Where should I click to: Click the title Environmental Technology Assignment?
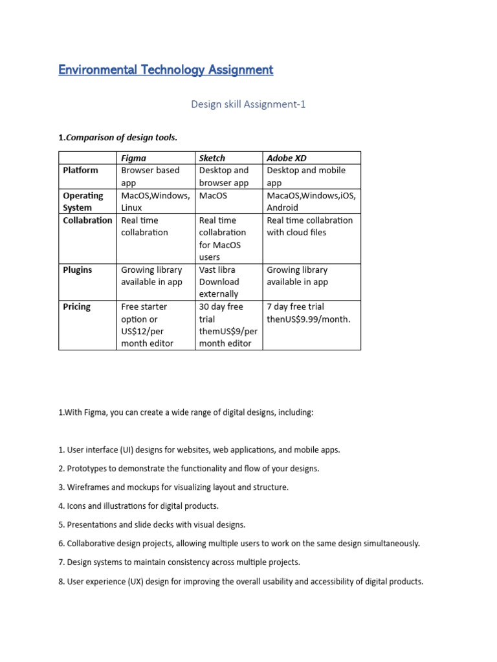(x=166, y=70)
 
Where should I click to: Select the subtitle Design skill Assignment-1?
(x=248, y=104)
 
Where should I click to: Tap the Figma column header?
(x=134, y=158)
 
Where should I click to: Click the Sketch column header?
(x=212, y=158)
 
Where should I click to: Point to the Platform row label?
(x=80, y=170)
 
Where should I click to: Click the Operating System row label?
(x=83, y=201)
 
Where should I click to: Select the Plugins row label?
(x=77, y=270)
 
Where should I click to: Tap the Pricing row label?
(x=76, y=306)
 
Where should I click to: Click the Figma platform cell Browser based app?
(x=150, y=176)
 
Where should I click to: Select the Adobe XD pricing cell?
(x=308, y=313)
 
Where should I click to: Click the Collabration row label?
(x=87, y=220)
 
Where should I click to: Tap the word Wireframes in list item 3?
(x=89, y=487)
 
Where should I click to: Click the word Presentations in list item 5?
(x=93, y=524)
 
